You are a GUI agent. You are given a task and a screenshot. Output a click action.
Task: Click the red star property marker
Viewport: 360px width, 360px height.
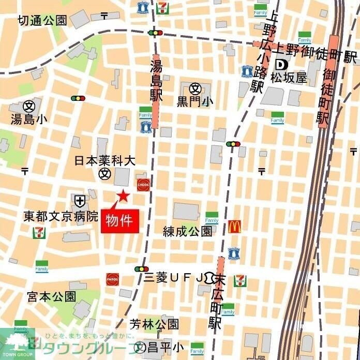pyautogui.click(x=123, y=196)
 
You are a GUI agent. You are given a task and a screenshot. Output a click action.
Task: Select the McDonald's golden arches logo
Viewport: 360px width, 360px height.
pyautogui.click(x=235, y=226)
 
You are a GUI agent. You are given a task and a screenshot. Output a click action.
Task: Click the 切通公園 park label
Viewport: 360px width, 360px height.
pyautogui.click(x=42, y=20)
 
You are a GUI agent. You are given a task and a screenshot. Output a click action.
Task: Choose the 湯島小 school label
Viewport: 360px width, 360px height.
pyautogui.click(x=29, y=119)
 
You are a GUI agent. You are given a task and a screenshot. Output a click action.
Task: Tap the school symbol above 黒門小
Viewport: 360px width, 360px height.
pyautogui.click(x=195, y=88)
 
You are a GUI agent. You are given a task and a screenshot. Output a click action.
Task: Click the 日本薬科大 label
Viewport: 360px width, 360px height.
pyautogui.click(x=105, y=160)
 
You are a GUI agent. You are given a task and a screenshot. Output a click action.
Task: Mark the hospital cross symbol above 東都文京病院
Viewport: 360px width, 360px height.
pyautogui.click(x=80, y=200)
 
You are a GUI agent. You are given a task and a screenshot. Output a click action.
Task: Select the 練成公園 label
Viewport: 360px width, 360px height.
pyautogui.click(x=188, y=231)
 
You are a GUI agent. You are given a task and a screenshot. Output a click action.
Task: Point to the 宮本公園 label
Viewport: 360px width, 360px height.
pyautogui.click(x=52, y=296)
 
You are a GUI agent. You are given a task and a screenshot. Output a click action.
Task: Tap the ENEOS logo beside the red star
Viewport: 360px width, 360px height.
pyautogui.click(x=143, y=184)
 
